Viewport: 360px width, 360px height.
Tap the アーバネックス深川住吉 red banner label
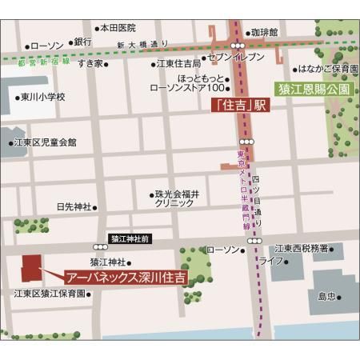pos(125,277)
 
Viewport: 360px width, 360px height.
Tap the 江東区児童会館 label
pos(46,142)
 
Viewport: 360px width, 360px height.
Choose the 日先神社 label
pos(74,206)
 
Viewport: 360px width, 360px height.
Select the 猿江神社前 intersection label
pos(129,238)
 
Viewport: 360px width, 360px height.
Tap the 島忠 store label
pos(326,296)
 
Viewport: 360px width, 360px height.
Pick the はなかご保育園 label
pos(325,70)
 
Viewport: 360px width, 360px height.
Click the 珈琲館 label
pos(263,33)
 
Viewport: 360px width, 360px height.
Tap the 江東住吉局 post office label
pos(178,63)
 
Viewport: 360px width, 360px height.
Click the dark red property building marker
pos(30,269)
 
